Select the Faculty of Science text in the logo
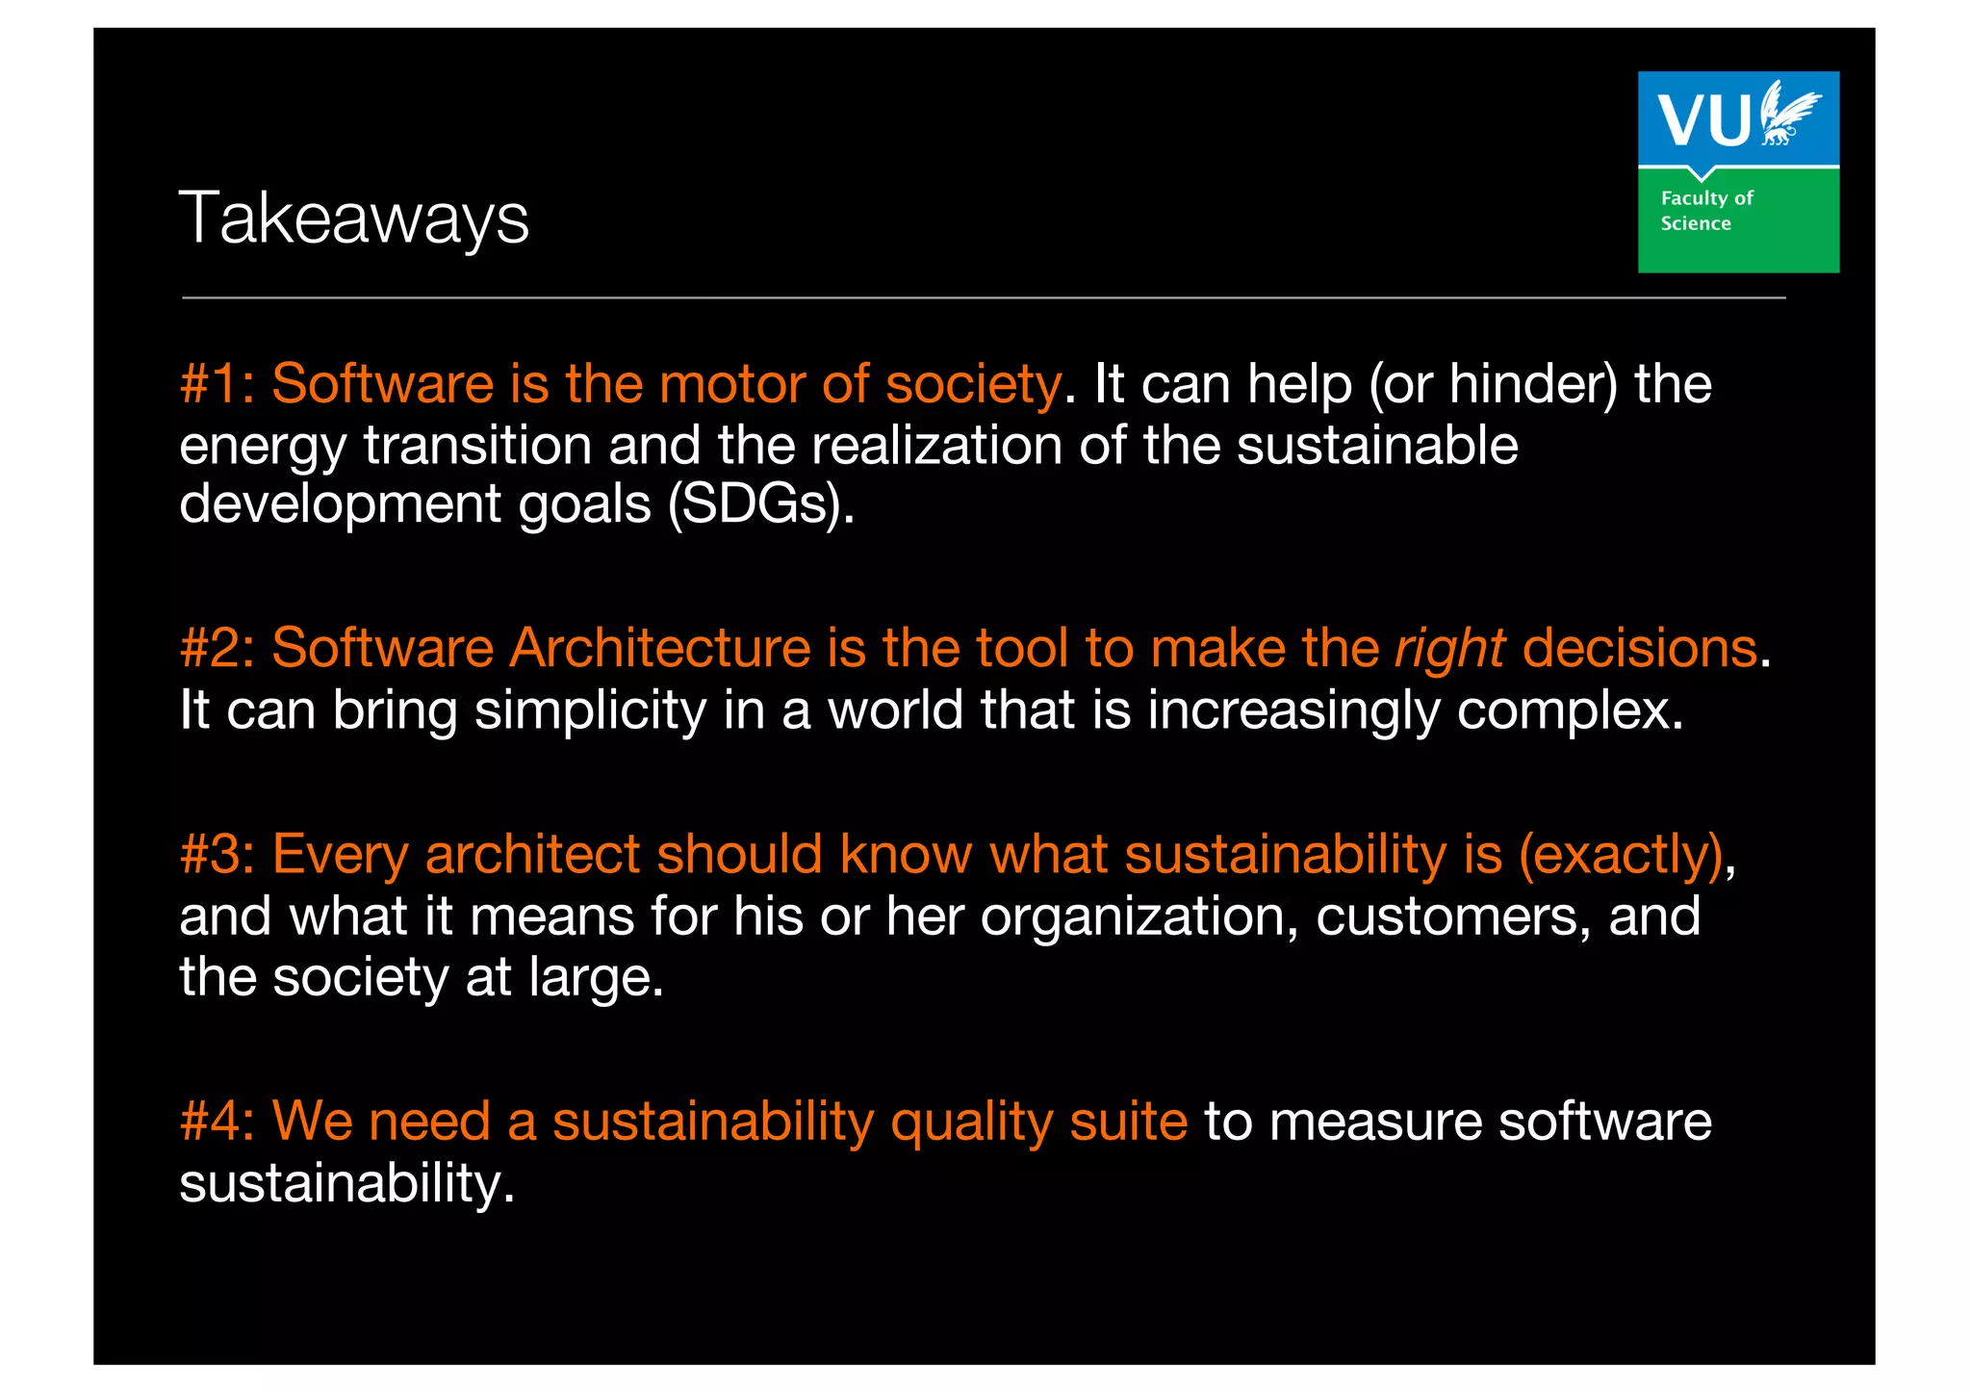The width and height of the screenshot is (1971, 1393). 1706,211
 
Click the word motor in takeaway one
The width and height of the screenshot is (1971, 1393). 731,384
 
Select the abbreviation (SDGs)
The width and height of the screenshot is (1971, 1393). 760,503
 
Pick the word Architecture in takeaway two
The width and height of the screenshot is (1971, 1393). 659,648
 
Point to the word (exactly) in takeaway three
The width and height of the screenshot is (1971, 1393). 1621,856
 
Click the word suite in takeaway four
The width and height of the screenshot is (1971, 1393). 1128,1122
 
